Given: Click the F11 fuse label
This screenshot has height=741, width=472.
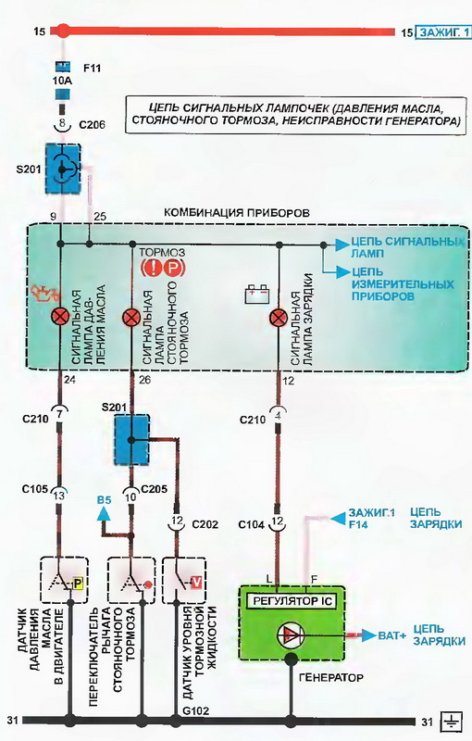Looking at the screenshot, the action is (92, 68).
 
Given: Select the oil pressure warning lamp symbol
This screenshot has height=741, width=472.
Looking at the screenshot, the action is (60, 317).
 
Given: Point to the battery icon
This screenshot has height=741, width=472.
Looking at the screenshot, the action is (257, 294).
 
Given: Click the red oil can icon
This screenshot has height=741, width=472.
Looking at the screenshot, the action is (44, 295).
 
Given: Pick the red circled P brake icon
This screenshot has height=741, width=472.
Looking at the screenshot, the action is (173, 269).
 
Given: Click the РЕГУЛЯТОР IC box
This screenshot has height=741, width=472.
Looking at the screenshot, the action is (292, 601).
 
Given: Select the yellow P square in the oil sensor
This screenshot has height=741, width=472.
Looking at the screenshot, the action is (78, 584).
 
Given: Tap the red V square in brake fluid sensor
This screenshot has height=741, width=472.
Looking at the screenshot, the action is (196, 584).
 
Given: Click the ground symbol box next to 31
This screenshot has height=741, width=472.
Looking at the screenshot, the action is (452, 722).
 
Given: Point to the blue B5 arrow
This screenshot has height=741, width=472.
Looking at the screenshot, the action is (104, 514).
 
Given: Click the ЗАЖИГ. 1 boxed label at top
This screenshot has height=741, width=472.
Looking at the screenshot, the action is (443, 32).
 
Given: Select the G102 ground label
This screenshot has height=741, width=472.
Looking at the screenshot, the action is (195, 710).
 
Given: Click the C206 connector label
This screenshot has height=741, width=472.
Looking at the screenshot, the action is (92, 125).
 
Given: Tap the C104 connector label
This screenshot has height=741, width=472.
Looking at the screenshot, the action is (252, 524).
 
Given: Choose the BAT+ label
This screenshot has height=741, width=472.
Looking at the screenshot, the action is (391, 635).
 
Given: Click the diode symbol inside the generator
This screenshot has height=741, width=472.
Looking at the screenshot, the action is (291, 635).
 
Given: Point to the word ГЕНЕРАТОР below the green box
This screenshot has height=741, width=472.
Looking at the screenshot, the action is (331, 677).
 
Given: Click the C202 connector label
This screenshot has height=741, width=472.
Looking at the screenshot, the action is (205, 524).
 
